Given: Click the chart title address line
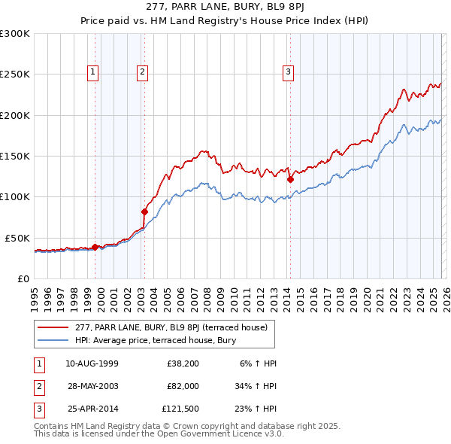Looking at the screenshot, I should [225, 10].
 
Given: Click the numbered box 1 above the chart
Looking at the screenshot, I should [93, 72].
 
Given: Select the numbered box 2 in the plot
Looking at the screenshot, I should [142, 72].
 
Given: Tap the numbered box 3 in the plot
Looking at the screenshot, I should [288, 72].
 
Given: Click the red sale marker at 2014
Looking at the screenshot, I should [290, 179].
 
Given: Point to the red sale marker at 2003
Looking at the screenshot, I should [144, 211].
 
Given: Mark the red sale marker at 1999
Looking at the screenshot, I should [95, 247].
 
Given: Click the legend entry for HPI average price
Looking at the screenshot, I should [156, 341].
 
